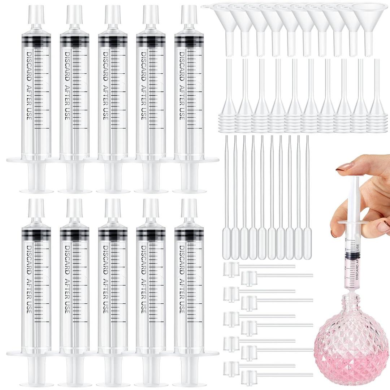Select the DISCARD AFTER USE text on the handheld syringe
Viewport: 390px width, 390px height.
coord(358,264)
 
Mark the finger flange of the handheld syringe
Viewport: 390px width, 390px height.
coord(352,222)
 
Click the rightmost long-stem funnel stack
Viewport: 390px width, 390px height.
coord(377,108)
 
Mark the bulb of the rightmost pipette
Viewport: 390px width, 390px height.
coord(308,246)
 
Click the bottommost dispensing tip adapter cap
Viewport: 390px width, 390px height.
coord(249,377)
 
